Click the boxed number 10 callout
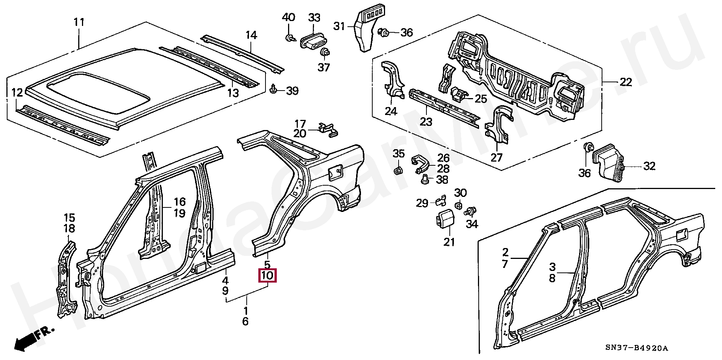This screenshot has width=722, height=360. [x=267, y=275]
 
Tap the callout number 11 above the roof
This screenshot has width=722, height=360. [x=79, y=22]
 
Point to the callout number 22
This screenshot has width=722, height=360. [x=625, y=82]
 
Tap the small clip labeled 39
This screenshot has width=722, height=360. [x=273, y=89]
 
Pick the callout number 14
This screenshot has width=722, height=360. [x=251, y=35]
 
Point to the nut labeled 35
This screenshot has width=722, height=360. [x=398, y=171]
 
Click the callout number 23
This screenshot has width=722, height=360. [x=426, y=121]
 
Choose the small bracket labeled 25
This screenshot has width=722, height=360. [x=458, y=94]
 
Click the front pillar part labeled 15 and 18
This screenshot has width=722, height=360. [x=66, y=278]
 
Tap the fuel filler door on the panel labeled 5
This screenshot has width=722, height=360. [x=334, y=172]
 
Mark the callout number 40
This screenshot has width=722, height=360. [x=288, y=17]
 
